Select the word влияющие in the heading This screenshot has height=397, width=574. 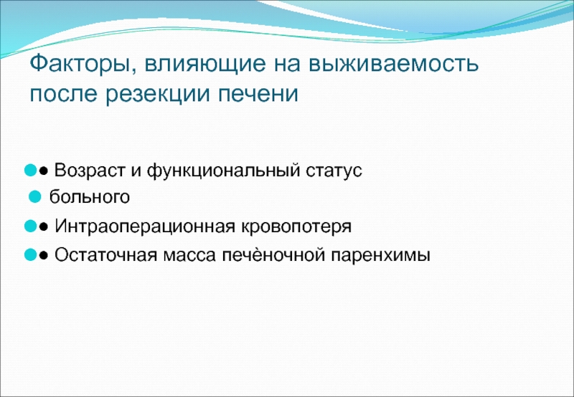point(205,64)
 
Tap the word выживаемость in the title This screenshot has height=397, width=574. point(393,64)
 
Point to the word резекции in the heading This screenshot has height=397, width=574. point(158,95)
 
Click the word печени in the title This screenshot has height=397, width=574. point(258,95)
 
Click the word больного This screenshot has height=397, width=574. point(90,197)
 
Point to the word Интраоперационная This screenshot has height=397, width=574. point(145,226)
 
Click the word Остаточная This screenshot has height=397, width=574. point(105,255)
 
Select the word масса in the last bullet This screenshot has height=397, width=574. point(189,256)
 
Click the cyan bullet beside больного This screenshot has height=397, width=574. point(35,197)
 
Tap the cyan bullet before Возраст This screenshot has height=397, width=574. point(30,171)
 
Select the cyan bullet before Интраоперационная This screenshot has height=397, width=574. point(30,226)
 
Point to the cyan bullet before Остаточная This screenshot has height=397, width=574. point(30,255)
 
